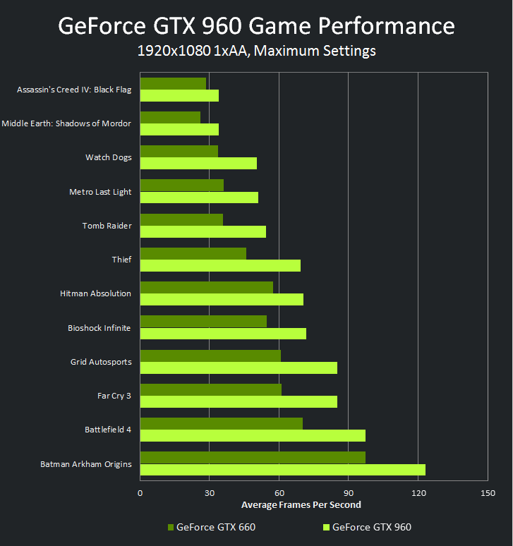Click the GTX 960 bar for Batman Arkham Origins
click(282, 470)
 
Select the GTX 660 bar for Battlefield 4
click(222, 423)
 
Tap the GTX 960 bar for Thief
click(220, 266)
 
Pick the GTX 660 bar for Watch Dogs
click(179, 152)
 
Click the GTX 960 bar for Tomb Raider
click(203, 231)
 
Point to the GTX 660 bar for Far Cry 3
click(211, 389)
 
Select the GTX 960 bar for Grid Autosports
click(239, 368)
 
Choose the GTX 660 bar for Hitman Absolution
click(207, 287)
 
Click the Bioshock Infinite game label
click(99, 328)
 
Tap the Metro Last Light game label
click(100, 192)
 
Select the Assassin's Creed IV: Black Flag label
click(74, 90)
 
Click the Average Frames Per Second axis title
click(301, 504)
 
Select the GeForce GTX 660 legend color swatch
click(171, 527)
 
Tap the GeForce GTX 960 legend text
click(372, 527)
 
